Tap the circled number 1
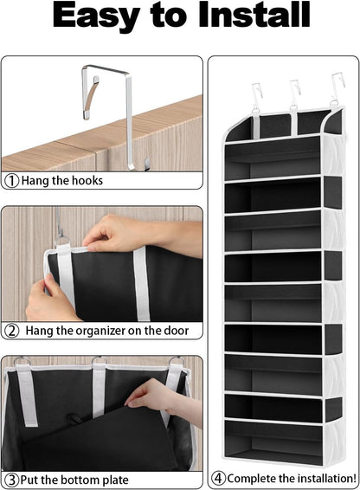12,181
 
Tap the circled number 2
12,330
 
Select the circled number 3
12,479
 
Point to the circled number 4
218,478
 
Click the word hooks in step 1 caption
86,181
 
